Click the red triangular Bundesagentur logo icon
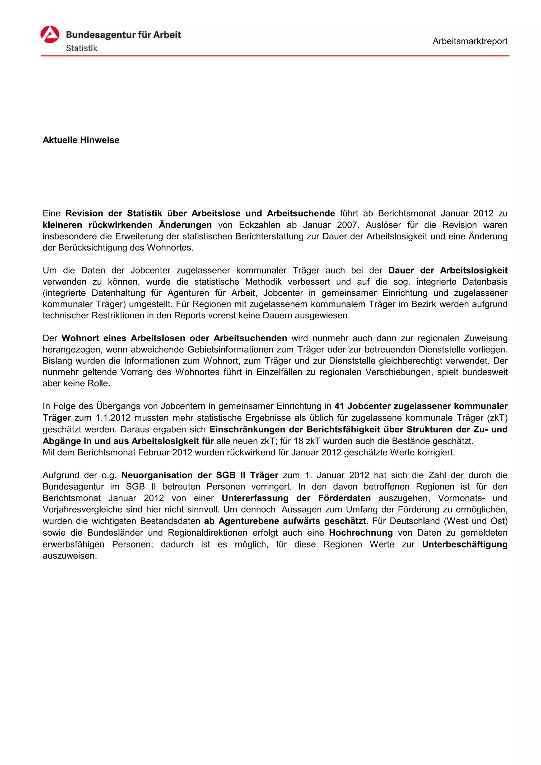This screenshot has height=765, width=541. point(50,35)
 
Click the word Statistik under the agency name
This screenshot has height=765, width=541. point(81,48)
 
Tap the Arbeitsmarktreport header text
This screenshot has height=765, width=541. point(470,41)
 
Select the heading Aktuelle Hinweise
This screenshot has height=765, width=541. point(81,140)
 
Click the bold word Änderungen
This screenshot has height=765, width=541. point(185,225)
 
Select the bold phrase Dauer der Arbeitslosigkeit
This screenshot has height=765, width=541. point(448,270)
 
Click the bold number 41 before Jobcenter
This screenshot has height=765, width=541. point(339,406)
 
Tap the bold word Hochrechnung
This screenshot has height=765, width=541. point(361,533)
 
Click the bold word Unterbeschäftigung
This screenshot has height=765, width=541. point(464,544)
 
